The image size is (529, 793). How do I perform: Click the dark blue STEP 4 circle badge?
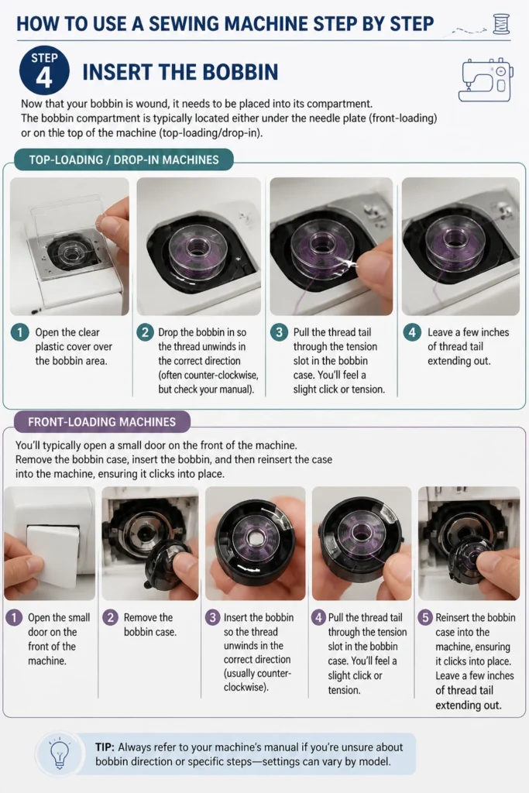(x=44, y=71)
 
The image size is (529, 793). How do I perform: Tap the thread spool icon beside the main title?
(x=500, y=24)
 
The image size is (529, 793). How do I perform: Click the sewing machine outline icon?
(x=486, y=80)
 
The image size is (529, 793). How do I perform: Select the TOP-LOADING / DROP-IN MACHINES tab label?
(x=124, y=160)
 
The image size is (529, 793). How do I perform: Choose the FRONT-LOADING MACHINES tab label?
(x=101, y=422)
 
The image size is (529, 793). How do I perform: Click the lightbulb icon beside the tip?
(x=59, y=754)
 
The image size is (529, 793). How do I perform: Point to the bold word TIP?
(x=105, y=747)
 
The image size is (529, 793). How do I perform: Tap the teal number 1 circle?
(x=19, y=332)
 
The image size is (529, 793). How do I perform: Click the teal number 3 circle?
(x=279, y=332)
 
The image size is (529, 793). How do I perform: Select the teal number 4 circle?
(x=412, y=332)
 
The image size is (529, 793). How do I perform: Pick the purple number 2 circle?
(x=110, y=617)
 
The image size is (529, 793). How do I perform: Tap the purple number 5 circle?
(x=425, y=617)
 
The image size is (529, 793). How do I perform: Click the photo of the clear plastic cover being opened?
(x=69, y=246)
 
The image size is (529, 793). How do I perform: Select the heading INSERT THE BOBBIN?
(x=180, y=72)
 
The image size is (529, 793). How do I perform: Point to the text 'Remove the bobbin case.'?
(x=149, y=625)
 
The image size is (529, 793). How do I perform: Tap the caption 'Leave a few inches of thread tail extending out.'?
(x=469, y=346)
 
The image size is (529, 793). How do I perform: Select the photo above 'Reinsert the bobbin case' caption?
(x=469, y=543)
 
